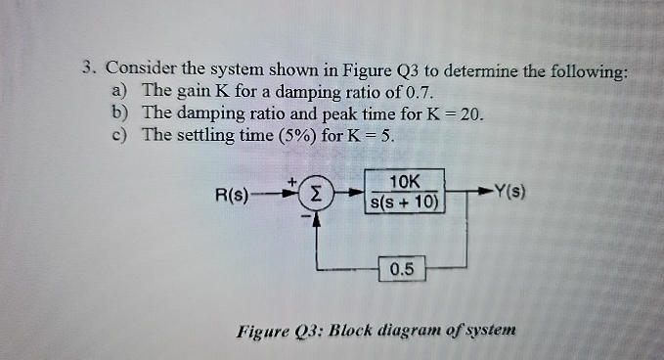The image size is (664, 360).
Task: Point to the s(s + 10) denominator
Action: tap(404, 203)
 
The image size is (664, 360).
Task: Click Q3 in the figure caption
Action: tap(307, 331)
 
